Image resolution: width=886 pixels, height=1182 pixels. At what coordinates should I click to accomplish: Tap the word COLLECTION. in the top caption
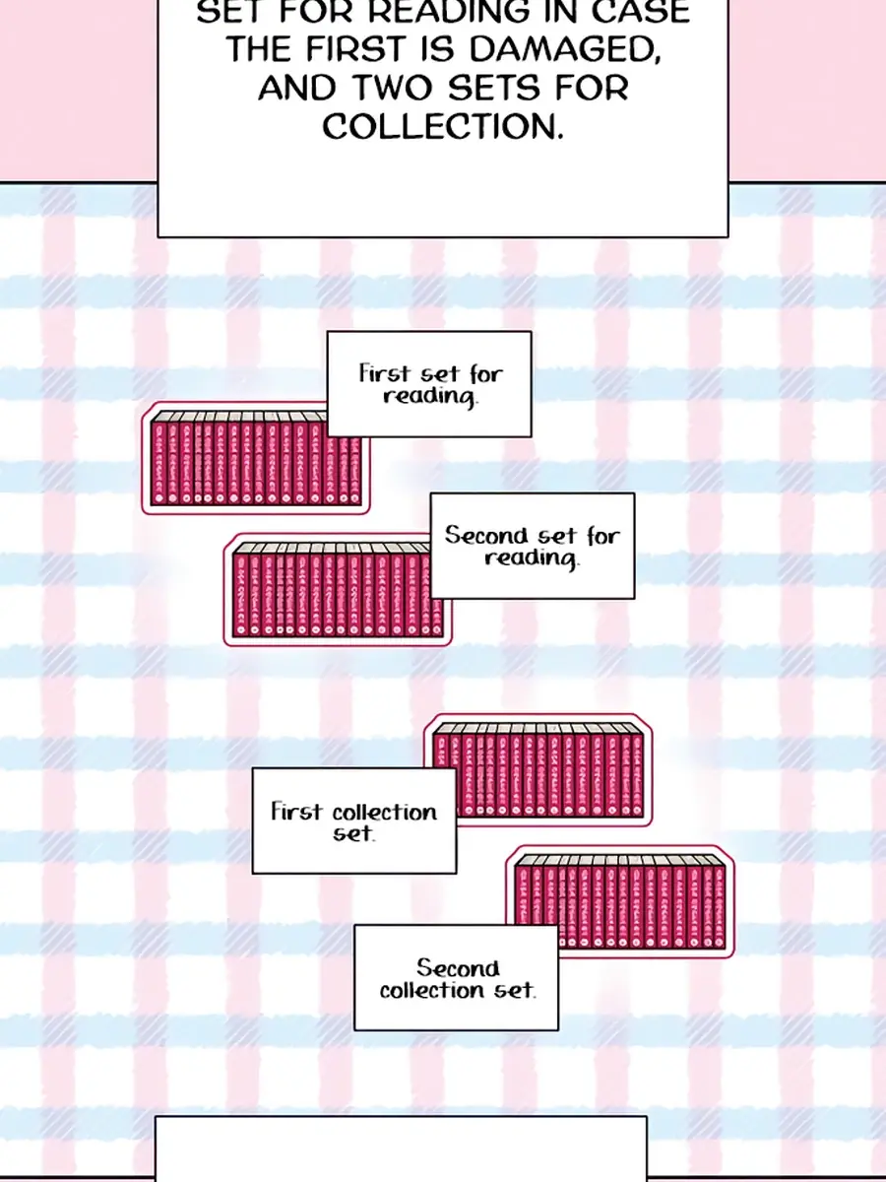pyautogui.click(x=443, y=127)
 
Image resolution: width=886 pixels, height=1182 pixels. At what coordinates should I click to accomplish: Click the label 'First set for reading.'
pyautogui.click(x=429, y=384)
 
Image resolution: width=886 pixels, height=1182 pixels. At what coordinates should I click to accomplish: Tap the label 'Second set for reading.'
pyautogui.click(x=533, y=546)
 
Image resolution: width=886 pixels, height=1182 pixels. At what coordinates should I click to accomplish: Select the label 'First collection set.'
pyautogui.click(x=354, y=821)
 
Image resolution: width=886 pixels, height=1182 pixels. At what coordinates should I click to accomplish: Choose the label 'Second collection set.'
pyautogui.click(x=457, y=978)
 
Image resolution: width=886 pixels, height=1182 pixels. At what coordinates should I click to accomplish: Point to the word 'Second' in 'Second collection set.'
pyautogui.click(x=458, y=967)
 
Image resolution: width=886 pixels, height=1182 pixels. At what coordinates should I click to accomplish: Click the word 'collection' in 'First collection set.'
pyautogui.click(x=384, y=813)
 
